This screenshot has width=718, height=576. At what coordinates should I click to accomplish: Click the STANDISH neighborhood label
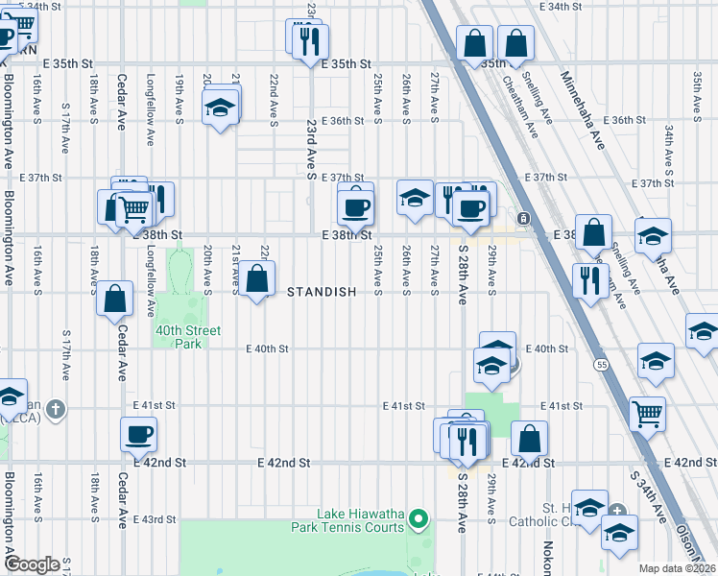pyautogui.click(x=323, y=292)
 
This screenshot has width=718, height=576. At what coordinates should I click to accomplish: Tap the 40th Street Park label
pyautogui.click(x=188, y=337)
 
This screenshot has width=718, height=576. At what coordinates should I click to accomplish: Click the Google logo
pyautogui.click(x=32, y=564)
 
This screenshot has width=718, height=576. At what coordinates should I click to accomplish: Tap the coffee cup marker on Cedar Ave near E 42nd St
pyautogui.click(x=139, y=434)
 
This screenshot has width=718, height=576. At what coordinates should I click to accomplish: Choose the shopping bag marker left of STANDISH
pyautogui.click(x=257, y=280)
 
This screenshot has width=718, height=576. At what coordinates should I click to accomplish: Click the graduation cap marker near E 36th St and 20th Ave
pyautogui.click(x=221, y=108)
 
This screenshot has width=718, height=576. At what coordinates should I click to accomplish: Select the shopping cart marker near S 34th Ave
pyautogui.click(x=648, y=413)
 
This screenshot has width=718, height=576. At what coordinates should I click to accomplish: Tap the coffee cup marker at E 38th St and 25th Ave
pyautogui.click(x=355, y=205)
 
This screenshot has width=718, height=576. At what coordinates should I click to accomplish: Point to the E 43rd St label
pyautogui.click(x=156, y=519)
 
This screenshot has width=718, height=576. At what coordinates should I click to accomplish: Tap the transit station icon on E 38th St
pyautogui.click(x=523, y=219)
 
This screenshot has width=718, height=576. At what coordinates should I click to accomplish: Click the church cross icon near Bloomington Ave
pyautogui.click(x=57, y=410)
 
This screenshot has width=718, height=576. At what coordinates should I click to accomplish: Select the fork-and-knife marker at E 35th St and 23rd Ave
pyautogui.click(x=310, y=39)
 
